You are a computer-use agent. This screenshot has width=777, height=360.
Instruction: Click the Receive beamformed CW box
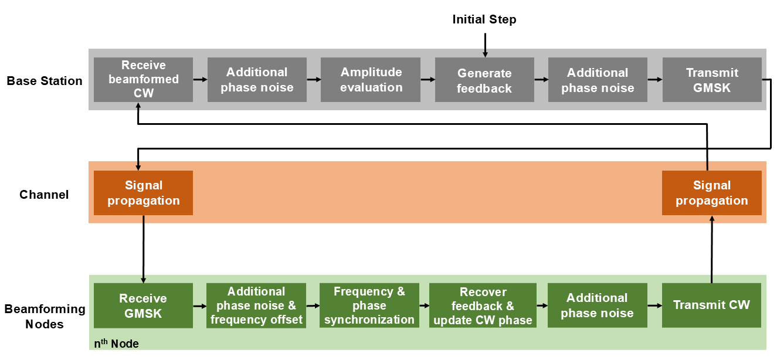tap(143, 80)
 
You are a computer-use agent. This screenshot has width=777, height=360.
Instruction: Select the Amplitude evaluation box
tap(371, 80)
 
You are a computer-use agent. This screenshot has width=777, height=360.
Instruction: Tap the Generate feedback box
tap(484, 80)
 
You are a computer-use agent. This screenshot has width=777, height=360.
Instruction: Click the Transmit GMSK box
tap(712, 80)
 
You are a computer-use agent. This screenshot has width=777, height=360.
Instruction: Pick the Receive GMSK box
tap(143, 305)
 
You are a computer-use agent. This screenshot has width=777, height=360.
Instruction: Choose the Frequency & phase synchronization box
tap(369, 305)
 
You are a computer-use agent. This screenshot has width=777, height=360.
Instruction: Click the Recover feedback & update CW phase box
tap(483, 305)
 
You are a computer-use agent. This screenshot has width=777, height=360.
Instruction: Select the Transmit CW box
tap(711, 305)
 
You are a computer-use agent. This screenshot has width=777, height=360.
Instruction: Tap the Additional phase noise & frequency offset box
tap(256, 305)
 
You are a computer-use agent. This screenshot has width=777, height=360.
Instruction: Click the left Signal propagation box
tap(143, 193)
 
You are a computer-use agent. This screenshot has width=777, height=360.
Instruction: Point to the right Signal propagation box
tap(711, 193)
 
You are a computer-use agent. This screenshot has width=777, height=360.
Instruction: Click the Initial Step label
tap(484, 19)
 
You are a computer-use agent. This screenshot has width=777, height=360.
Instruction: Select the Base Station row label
tap(45, 81)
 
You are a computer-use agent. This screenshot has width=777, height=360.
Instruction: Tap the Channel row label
tap(44, 195)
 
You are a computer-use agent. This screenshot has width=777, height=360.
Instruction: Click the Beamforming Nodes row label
tap(45, 316)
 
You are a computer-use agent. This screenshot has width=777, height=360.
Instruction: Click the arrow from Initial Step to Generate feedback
tap(485, 45)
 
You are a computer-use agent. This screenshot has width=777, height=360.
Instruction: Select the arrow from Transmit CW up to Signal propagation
tap(711, 249)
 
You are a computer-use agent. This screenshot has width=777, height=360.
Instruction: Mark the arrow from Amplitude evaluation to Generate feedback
tap(427, 80)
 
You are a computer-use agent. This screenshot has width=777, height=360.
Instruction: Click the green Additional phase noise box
tap(597, 305)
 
